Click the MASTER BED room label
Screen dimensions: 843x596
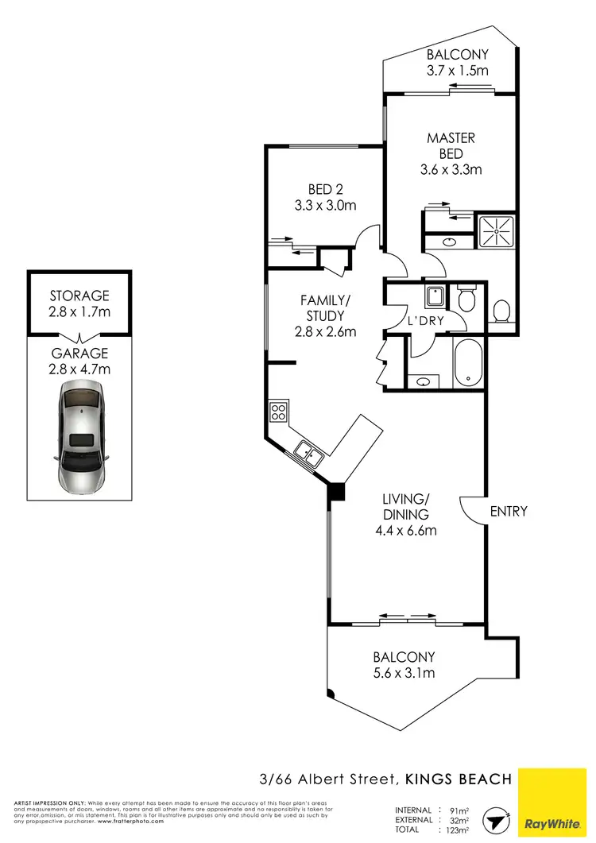[x=451, y=145]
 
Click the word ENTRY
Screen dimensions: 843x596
[x=509, y=511]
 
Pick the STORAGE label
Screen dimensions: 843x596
[x=79, y=296]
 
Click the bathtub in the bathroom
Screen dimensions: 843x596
[x=468, y=364]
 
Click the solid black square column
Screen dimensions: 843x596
[x=336, y=493]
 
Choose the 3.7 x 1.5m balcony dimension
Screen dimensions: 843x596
[x=457, y=71]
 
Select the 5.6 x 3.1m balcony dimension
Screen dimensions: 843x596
[x=404, y=673]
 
